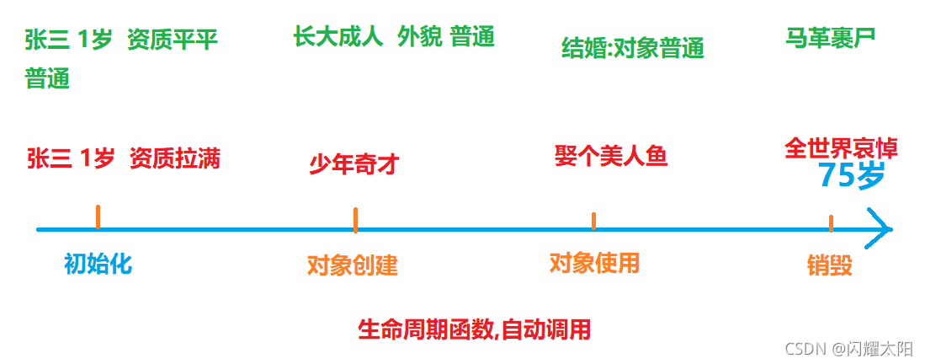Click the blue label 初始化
(98, 265)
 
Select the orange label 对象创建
(352, 266)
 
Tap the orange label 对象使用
(594, 264)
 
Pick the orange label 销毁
(829, 266)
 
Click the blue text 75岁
(851, 176)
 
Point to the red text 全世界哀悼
(841, 149)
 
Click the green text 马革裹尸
(830, 38)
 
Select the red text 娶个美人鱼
(611, 156)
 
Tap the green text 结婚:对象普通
(632, 49)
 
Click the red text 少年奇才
(354, 163)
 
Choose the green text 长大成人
(338, 37)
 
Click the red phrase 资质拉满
(175, 158)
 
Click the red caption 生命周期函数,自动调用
(474, 329)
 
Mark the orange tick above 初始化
(98, 217)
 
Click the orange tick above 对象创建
(355, 219)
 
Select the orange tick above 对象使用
(593, 221)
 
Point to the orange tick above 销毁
(831, 223)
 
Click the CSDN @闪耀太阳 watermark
(848, 348)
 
